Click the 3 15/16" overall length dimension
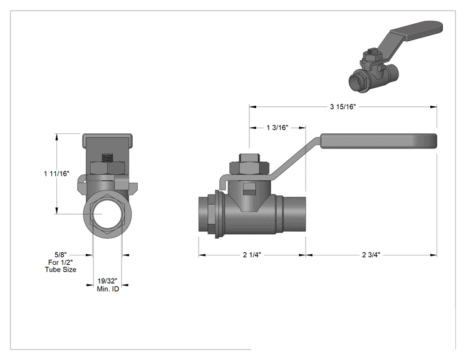pos(343,106)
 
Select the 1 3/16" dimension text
pos(277,128)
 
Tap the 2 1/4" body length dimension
pos(252,255)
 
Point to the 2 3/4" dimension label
pos(371,255)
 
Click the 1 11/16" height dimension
pos(57,173)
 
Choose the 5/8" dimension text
pos(61,255)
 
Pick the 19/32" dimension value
pos(108,281)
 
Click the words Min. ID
pos(108,289)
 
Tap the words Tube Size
pos(61,270)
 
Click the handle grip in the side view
pos(378,141)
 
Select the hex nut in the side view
pos(249,168)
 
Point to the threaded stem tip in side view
pos(249,158)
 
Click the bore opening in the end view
pos(107,214)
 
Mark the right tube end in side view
pos(294,214)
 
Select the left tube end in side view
pos(204,214)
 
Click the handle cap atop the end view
pos(107,140)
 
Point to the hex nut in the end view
pos(107,168)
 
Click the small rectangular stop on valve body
pos(250,189)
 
